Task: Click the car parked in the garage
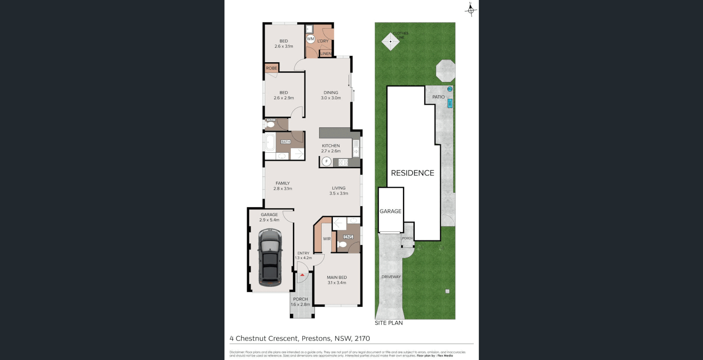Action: pos(270,257)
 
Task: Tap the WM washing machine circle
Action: pos(310,39)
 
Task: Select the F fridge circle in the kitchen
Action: pos(326,161)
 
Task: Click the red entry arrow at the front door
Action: pos(302,275)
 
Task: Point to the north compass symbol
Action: pos(471,10)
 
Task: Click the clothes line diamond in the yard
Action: pos(390,41)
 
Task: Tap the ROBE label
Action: pos(271,68)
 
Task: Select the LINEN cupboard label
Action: pos(326,54)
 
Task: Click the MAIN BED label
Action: pos(337,278)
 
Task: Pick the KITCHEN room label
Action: pos(331,146)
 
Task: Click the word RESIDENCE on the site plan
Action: pos(413,173)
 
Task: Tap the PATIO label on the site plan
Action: pos(438,97)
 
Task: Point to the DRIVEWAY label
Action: pos(391,277)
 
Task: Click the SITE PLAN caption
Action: pos(388,323)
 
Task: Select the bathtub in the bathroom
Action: pos(270,142)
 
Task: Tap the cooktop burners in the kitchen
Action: pos(343,162)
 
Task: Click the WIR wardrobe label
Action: pos(327,239)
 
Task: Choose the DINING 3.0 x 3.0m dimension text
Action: pos(331,98)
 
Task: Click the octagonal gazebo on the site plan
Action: pos(446,71)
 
